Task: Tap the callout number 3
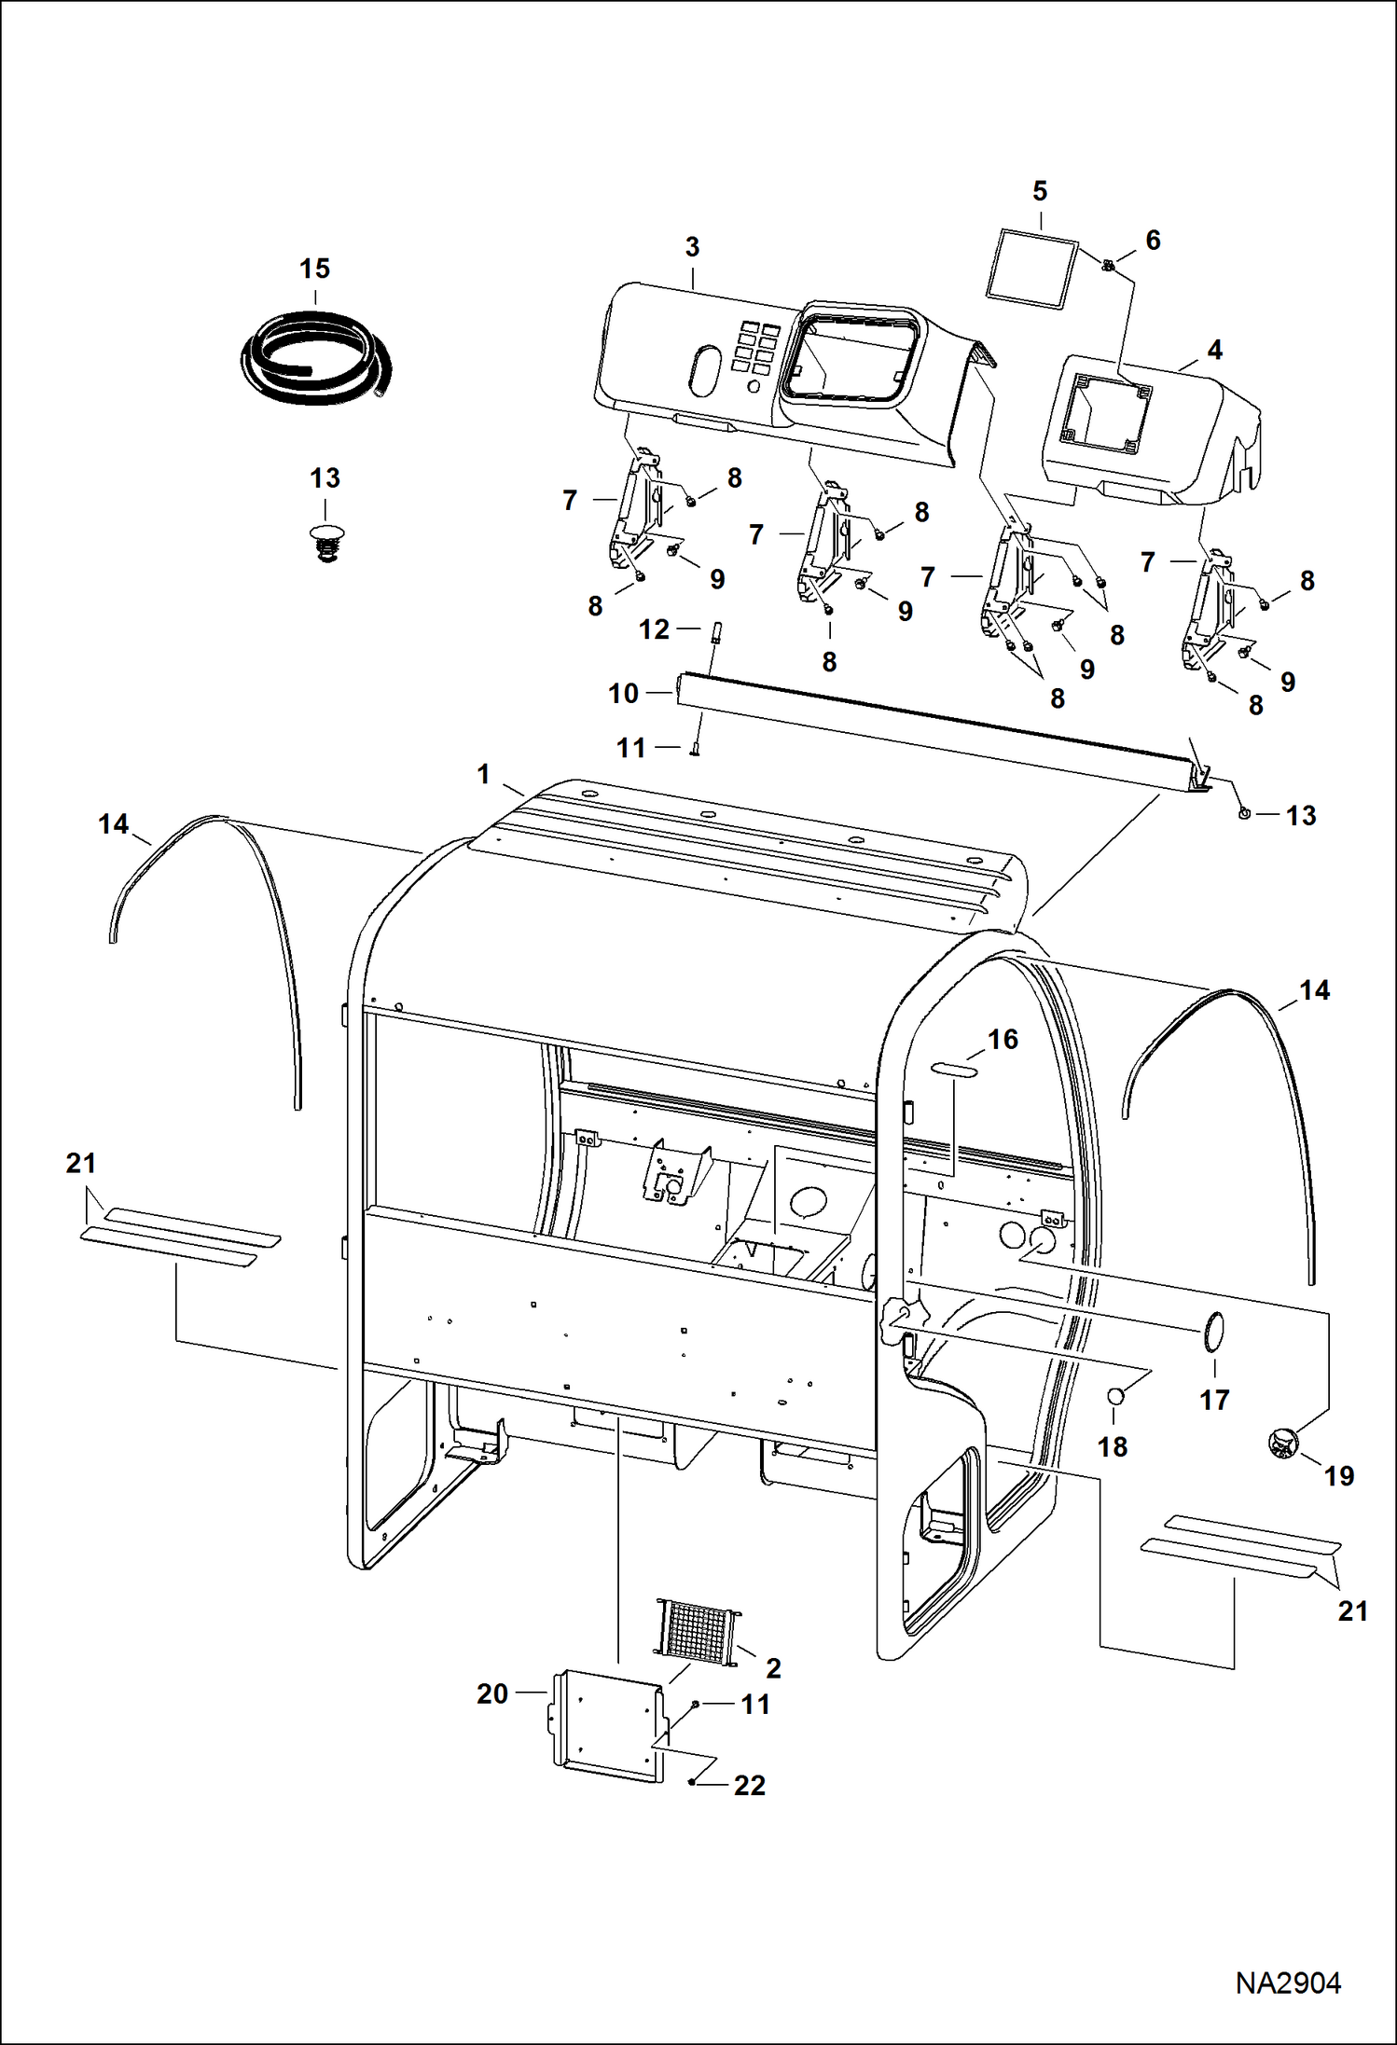tap(692, 248)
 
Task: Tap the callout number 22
tap(750, 1785)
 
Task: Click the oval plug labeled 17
tap(1213, 1331)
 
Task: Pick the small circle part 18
tap(1113, 1396)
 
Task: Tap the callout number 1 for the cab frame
tap(483, 774)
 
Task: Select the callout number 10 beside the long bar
tap(623, 694)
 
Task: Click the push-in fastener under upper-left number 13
tap(325, 542)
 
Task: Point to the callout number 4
tap(1214, 351)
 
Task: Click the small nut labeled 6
tap(1107, 267)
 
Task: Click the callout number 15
tap(314, 269)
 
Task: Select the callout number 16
tap(1003, 1040)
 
